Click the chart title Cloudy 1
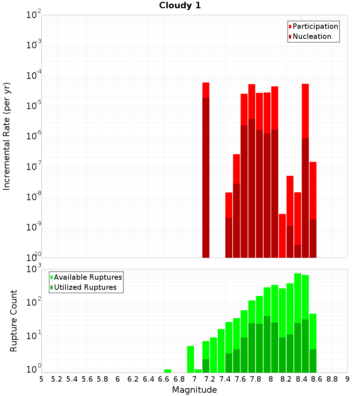click(180, 5)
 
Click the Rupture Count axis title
click(14, 321)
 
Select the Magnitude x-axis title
click(194, 390)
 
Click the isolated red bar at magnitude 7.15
click(206, 90)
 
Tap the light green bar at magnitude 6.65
click(167, 371)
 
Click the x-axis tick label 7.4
click(225, 379)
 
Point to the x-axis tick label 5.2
click(57, 379)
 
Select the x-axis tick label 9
click(347, 379)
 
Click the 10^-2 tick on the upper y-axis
click(34, 15)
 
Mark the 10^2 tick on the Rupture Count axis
click(34, 302)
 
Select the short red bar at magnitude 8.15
click(283, 236)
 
